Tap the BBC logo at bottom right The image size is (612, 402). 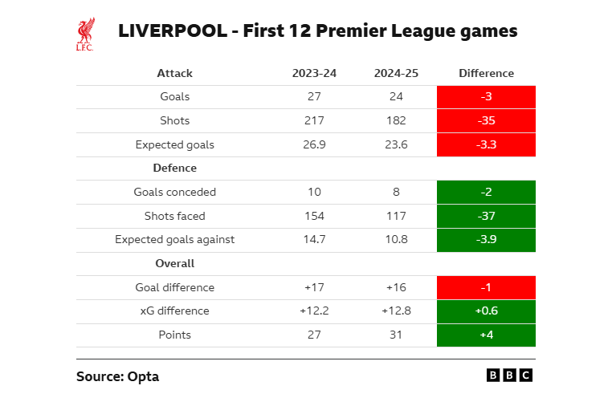[x=509, y=375]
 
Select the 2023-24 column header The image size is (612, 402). [x=314, y=73]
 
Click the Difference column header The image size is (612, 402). [x=486, y=73]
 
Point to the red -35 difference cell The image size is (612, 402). [x=486, y=121]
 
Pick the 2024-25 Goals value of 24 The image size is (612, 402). [x=395, y=97]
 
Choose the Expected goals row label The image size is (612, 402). [x=174, y=145]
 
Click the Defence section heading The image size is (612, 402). [x=174, y=169]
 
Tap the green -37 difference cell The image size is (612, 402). [x=486, y=216]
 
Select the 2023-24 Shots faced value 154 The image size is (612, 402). [x=314, y=216]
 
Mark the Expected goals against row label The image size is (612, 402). [x=174, y=239]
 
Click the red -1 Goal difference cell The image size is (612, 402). [x=486, y=287]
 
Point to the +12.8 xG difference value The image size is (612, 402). [x=395, y=311]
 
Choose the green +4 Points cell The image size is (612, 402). [x=486, y=335]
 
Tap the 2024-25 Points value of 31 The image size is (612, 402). [x=395, y=335]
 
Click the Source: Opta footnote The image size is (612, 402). [x=112, y=376]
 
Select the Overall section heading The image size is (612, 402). [x=174, y=263]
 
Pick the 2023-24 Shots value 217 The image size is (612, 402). [x=314, y=121]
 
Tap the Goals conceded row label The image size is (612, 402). [x=174, y=193]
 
